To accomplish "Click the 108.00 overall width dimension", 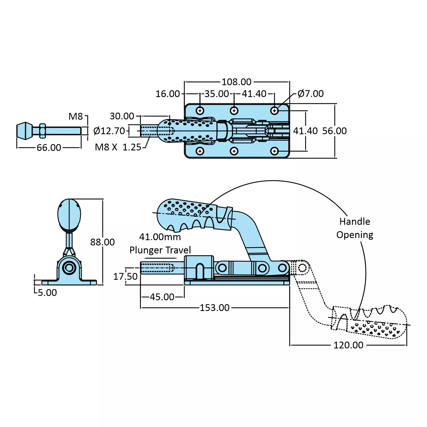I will point(236,82).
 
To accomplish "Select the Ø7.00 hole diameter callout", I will point(310,94).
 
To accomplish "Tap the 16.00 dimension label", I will point(168,94).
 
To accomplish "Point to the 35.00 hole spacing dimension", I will point(216,94).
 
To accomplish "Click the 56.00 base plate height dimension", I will point(335,131).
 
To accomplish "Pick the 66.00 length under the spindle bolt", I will point(49,148).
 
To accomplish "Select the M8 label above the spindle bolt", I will point(76,116).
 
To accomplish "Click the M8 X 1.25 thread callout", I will point(118,147).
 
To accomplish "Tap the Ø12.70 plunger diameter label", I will point(109,131).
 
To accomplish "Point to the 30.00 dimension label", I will point(122,116).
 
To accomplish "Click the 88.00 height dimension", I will point(102,242).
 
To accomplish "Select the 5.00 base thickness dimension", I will point(47,292).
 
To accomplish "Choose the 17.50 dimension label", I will point(125,276).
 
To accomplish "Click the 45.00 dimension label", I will point(162,297).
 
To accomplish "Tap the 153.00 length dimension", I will point(214,308).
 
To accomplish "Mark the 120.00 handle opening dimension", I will point(348,345).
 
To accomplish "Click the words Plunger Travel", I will point(160,250).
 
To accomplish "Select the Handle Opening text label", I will point(355,228).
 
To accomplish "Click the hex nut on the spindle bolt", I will point(42,131).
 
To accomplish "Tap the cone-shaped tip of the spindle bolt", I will point(24,131).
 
